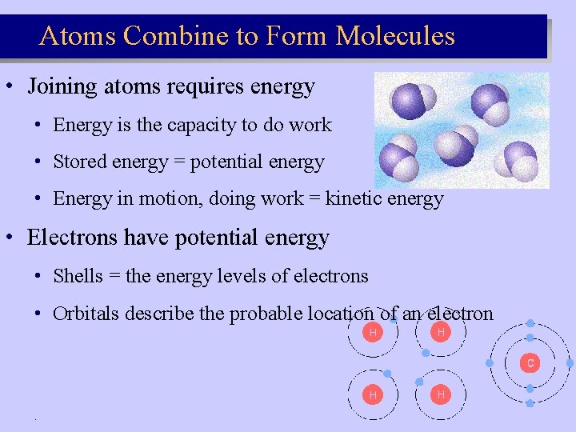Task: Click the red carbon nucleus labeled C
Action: coord(530,362)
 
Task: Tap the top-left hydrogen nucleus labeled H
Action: coord(372,332)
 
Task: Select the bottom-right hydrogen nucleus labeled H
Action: coord(440,394)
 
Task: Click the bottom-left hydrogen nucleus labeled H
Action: coord(372,394)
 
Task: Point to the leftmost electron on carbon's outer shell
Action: coord(490,362)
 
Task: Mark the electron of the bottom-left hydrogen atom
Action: coord(387,374)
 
